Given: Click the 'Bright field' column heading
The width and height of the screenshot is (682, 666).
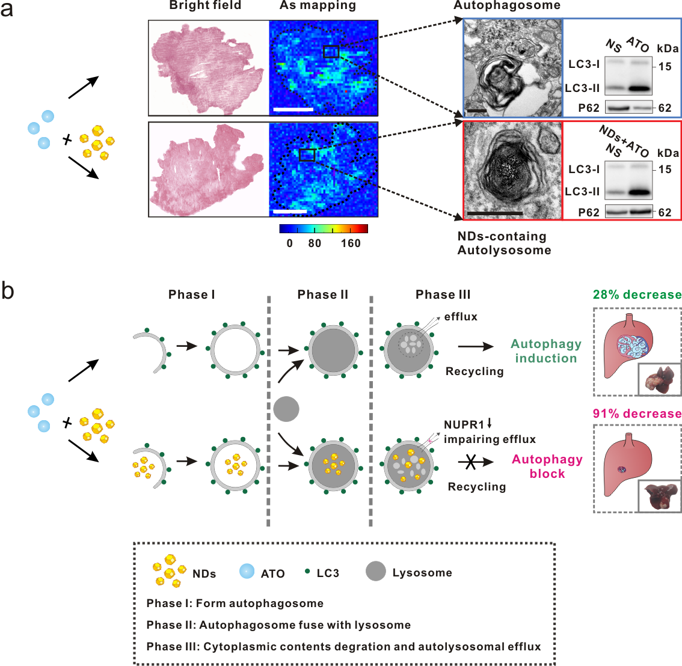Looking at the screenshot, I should [x=205, y=6].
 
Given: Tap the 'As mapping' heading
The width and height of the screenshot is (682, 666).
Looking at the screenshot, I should [x=318, y=6].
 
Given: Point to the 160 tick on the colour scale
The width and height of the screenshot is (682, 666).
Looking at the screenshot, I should [x=351, y=243].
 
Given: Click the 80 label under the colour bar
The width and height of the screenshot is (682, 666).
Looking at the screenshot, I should [x=315, y=243].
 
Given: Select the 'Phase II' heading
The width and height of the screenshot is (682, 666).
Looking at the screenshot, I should [x=322, y=295].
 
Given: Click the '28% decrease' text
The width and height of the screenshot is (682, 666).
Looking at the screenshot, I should [x=637, y=295].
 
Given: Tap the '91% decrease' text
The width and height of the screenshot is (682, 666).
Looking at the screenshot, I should [x=637, y=414].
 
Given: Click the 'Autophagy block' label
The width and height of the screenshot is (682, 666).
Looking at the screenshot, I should [x=547, y=466].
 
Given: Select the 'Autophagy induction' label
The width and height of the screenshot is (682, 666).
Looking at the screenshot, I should [x=546, y=351].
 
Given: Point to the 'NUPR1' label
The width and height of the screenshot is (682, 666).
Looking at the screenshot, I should [x=464, y=425].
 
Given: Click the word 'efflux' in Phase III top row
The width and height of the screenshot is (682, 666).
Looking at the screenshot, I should [x=461, y=317].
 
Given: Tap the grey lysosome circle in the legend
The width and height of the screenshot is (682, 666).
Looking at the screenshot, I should [x=376, y=571].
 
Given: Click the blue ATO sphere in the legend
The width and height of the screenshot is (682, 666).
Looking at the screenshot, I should [x=247, y=571].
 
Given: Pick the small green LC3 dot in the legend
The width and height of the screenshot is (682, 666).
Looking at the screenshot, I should [x=307, y=570].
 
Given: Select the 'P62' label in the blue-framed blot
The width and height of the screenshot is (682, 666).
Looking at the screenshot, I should [x=589, y=108].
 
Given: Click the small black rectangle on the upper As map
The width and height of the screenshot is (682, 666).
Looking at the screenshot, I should [x=331, y=52].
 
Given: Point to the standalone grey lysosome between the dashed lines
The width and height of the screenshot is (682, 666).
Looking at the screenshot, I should [x=286, y=409].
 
